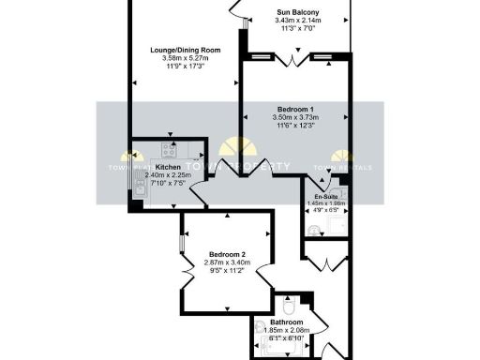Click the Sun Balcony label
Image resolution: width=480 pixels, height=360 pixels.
coord(298,11)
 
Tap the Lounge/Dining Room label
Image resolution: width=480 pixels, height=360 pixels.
coord(185,50)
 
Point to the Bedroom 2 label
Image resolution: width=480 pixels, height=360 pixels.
coord(227,255)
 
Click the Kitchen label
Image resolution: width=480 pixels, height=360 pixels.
coord(168,167)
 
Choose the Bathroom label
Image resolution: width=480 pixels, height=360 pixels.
coord(293,321)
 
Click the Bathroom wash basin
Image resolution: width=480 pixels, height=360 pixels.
coord(260,328)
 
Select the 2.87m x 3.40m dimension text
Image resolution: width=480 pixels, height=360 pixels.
coord(227,263)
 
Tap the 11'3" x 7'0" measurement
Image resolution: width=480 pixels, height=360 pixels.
coord(298,29)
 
